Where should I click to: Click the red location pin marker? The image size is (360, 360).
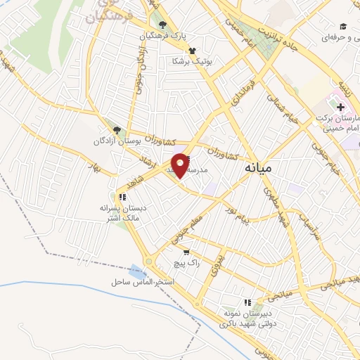(x=181, y=165)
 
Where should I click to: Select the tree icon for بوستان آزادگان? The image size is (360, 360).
(x=117, y=130)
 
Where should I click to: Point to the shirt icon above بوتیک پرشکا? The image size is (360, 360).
(x=192, y=51)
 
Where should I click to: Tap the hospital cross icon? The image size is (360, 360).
(x=341, y=108)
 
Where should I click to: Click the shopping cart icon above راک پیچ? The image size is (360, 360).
(x=186, y=252)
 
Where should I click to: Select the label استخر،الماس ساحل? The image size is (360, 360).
(x=141, y=282)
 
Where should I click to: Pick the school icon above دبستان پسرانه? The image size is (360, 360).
(x=122, y=198)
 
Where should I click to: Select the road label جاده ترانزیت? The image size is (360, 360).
(x=276, y=36)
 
